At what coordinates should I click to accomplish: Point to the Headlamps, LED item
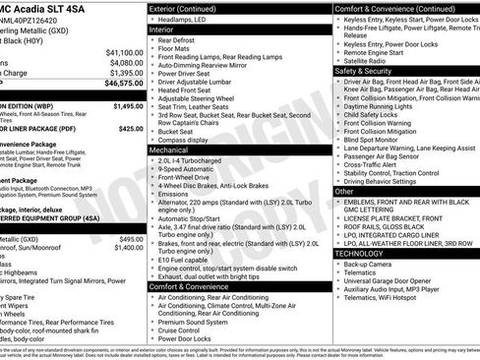click(x=194, y=20)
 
